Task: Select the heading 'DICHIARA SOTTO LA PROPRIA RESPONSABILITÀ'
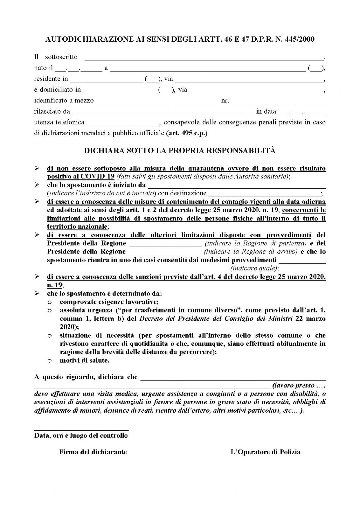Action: pos(180,151)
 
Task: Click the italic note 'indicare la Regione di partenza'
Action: pos(256,243)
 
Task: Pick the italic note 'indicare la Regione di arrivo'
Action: pos(251,252)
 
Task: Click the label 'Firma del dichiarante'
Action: pos(93,452)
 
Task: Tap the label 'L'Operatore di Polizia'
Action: pos(265,452)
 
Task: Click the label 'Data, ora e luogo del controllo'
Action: pos(81,436)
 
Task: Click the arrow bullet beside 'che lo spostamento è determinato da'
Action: pos(37,293)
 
